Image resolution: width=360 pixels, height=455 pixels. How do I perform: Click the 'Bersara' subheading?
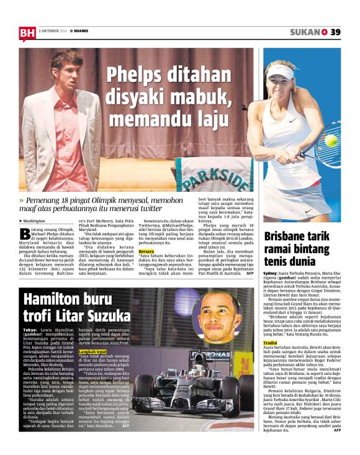pos(146,251)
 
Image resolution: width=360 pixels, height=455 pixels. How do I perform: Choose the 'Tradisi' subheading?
pos(270,343)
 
